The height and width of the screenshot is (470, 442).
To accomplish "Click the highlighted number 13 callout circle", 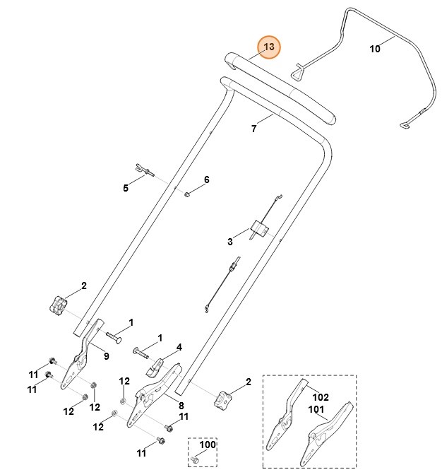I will coord(268,47).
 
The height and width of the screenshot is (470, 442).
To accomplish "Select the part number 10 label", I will coord(375,49).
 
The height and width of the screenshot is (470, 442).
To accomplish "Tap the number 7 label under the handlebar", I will coord(253,129).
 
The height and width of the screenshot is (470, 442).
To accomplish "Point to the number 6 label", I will coord(207,180).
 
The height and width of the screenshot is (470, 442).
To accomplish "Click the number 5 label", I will coord(126,188).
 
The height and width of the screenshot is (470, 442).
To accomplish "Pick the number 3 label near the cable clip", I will coord(230,242).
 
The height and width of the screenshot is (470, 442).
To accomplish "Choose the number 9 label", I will coord(107,356).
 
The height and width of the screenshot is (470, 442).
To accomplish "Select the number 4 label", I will coord(179,347).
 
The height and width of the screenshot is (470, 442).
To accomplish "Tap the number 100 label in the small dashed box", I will coord(208,445).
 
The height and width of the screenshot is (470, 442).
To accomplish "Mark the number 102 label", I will coord(321,397).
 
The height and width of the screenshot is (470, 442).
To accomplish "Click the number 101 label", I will coord(316,409).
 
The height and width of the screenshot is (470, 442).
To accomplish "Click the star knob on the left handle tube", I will coord(58,305).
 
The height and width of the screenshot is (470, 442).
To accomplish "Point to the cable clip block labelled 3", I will coord(258,228).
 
